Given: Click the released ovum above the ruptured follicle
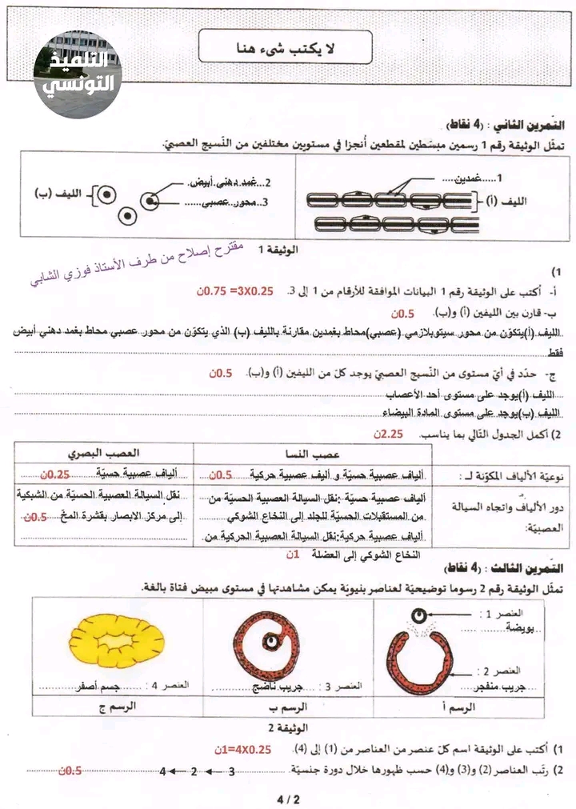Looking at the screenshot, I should tap(418, 615).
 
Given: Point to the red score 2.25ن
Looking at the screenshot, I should tap(390, 434).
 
